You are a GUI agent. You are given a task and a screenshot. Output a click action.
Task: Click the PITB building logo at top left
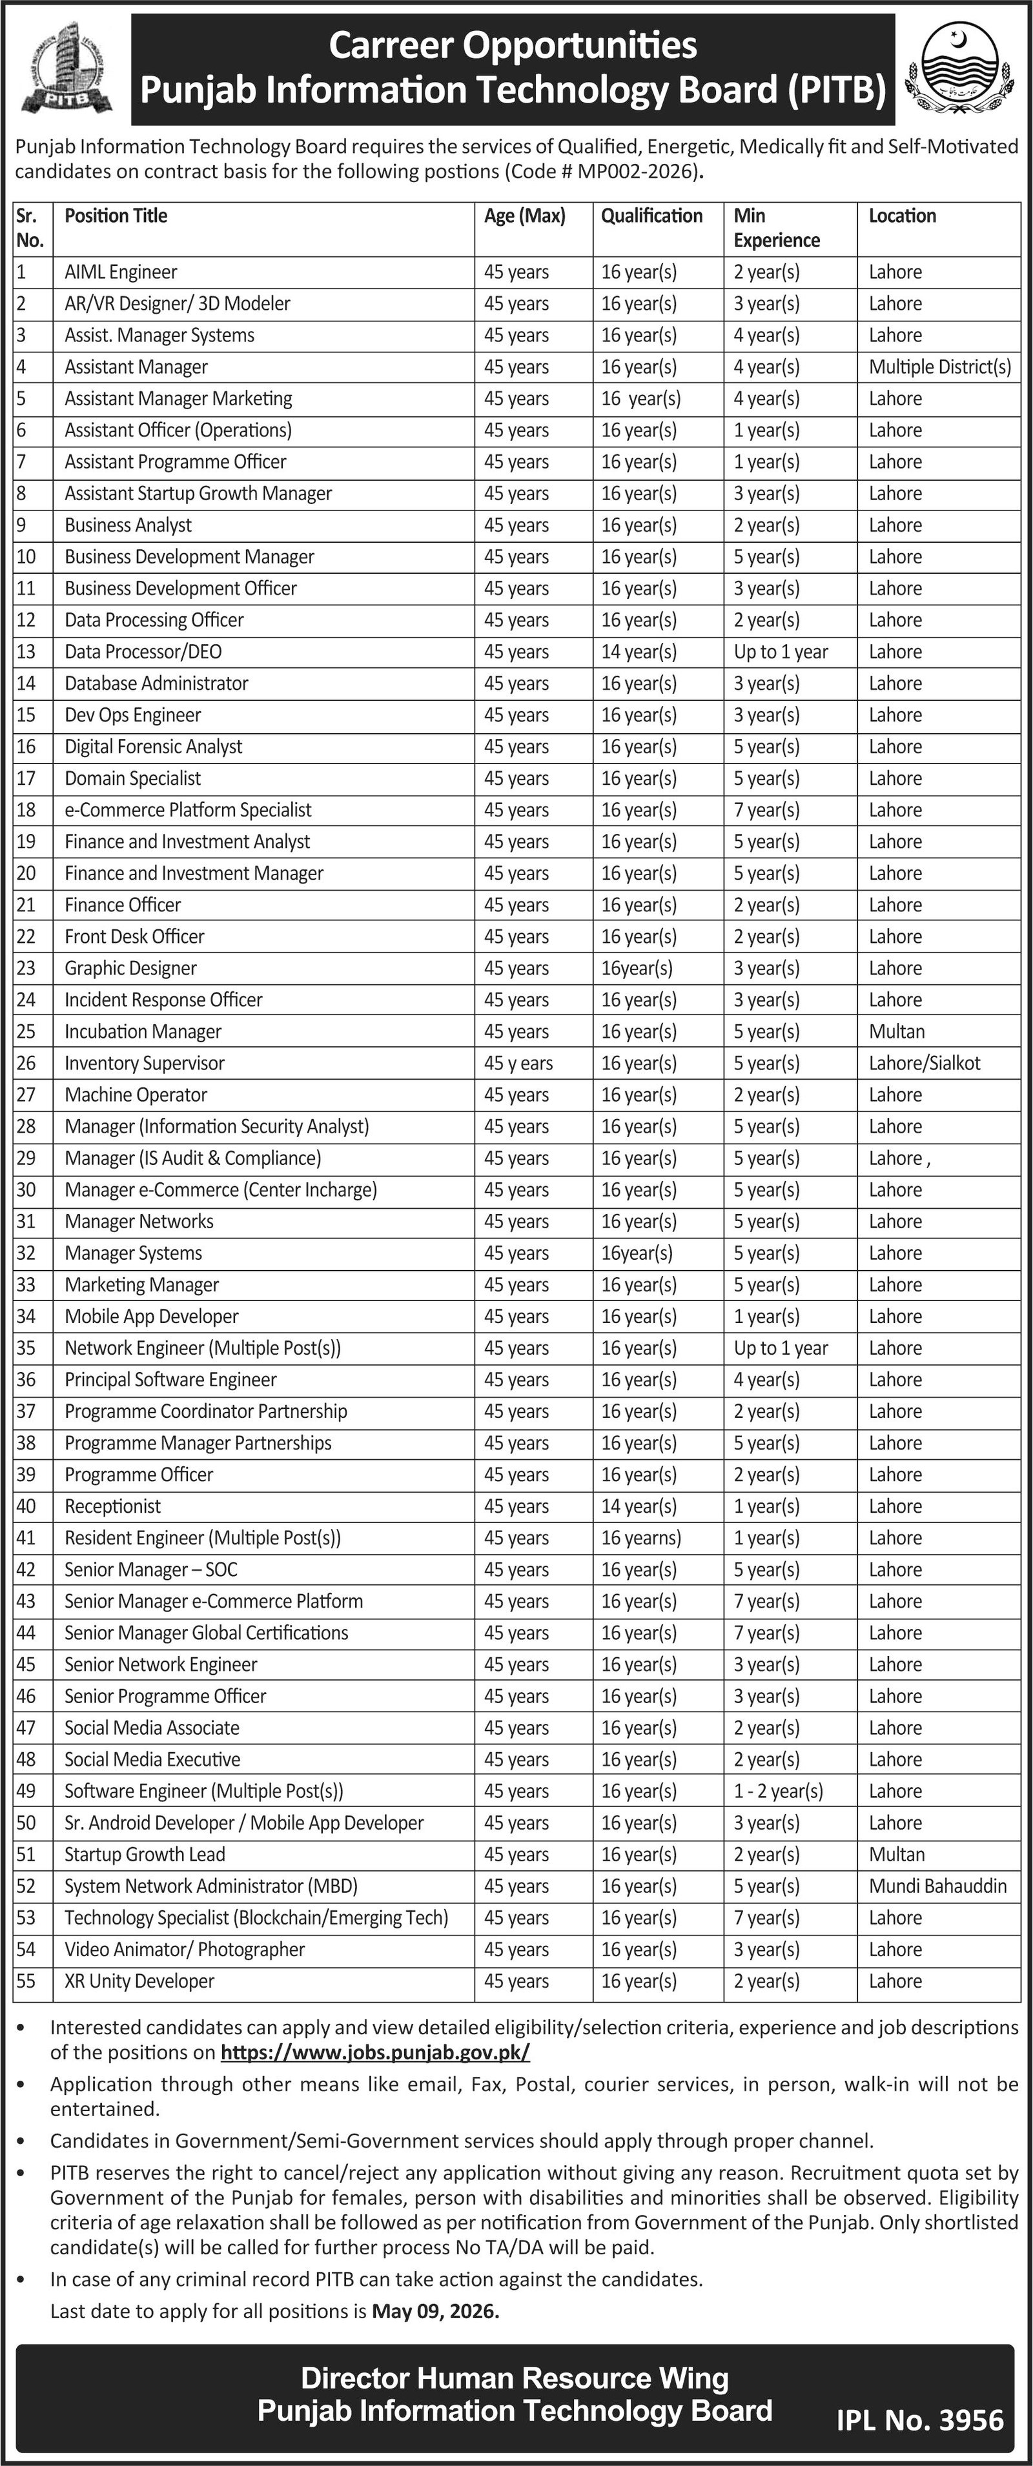click(x=65, y=69)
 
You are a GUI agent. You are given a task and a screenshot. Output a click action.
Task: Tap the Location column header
click(x=902, y=216)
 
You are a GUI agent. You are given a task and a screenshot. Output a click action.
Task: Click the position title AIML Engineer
click(x=121, y=272)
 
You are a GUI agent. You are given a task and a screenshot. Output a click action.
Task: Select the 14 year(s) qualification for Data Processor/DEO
click(x=639, y=652)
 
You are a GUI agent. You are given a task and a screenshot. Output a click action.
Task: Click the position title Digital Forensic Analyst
click(x=153, y=747)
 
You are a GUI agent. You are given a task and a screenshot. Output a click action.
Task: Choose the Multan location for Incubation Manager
click(x=896, y=1031)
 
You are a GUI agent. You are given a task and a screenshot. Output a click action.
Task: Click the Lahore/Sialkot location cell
click(x=924, y=1062)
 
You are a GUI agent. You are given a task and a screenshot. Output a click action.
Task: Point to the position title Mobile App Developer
click(x=151, y=1317)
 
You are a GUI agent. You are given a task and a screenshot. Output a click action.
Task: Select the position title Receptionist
click(x=113, y=1506)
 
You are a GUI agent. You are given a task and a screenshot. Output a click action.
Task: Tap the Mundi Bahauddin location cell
click(x=937, y=1886)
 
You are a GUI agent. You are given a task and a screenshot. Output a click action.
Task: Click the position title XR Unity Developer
click(x=139, y=1981)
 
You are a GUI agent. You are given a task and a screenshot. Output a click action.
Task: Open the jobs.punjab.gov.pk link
click(x=374, y=2052)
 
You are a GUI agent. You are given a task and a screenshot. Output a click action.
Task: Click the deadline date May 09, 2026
click(x=435, y=2311)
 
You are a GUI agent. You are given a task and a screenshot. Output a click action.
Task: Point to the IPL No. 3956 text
click(x=919, y=2421)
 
